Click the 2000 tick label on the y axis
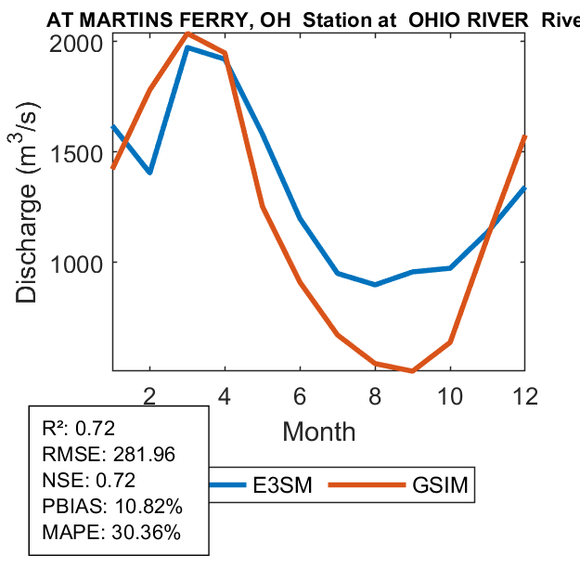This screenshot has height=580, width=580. [x=82, y=42]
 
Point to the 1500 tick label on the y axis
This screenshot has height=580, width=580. [x=82, y=152]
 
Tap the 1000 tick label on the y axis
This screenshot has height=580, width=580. [x=82, y=263]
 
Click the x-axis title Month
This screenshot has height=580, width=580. [x=318, y=431]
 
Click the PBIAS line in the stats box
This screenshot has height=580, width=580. [x=111, y=507]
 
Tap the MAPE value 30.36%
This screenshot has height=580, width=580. [x=147, y=533]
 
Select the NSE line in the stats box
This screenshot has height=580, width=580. [x=89, y=480]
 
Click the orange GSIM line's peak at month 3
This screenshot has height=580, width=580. [x=187, y=34]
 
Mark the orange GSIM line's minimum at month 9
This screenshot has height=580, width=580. [x=413, y=370]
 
